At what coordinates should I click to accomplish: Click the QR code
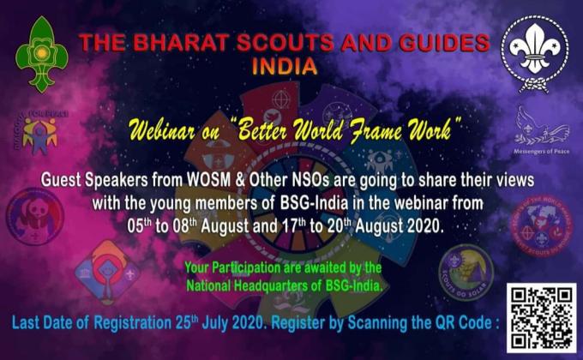click(540, 316)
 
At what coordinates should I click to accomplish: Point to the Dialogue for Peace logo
click(39, 133)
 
